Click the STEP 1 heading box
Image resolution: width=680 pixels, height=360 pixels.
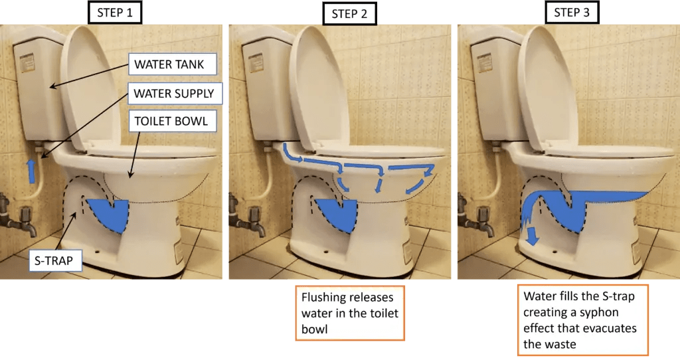[x=115, y=13]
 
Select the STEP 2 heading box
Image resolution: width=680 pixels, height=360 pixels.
[x=349, y=13]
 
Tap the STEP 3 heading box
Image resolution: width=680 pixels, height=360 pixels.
[x=572, y=13]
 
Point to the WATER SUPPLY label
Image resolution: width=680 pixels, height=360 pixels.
[x=174, y=94]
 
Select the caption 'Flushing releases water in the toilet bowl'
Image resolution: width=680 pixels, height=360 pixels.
[x=350, y=313]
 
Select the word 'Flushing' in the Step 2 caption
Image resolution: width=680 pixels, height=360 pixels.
[x=325, y=297]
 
